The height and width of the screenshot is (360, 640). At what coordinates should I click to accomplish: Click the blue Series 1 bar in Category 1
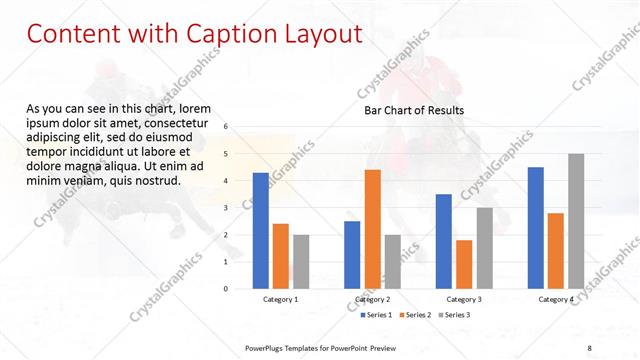pyautogui.click(x=260, y=231)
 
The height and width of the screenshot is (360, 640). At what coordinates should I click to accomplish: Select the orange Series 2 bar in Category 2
pyautogui.click(x=372, y=229)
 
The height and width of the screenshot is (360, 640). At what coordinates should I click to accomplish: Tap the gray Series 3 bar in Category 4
pyautogui.click(x=576, y=221)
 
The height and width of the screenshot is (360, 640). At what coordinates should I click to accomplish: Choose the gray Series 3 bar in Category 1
pyautogui.click(x=301, y=262)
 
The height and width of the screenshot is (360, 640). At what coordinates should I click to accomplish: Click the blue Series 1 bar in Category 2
pyautogui.click(x=352, y=255)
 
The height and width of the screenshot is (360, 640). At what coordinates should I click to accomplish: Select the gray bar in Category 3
pyautogui.click(x=484, y=248)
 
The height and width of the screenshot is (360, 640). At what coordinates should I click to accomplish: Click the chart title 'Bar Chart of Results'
pyautogui.click(x=413, y=110)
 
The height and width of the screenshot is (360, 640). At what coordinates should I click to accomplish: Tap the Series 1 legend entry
pyautogui.click(x=373, y=315)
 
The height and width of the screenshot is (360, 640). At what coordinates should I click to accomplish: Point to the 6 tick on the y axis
pyautogui.click(x=226, y=127)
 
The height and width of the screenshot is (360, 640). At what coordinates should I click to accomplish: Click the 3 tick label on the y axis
pyautogui.click(x=226, y=208)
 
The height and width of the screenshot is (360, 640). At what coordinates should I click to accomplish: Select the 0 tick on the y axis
pyautogui.click(x=226, y=289)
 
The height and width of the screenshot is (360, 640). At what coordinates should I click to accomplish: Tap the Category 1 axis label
pyautogui.click(x=280, y=300)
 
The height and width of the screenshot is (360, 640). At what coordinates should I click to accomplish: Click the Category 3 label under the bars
pyautogui.click(x=463, y=300)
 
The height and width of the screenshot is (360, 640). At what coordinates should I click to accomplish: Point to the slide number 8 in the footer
pyautogui.click(x=590, y=346)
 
